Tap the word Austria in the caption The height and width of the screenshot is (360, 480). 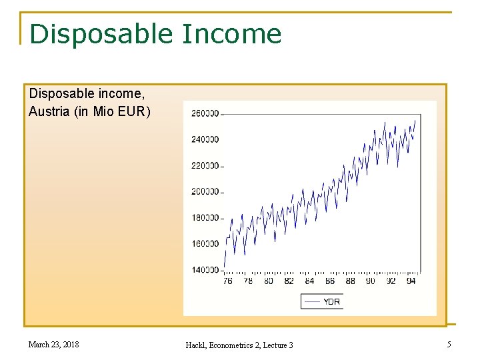click(49, 111)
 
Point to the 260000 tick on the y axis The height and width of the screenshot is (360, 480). click(205, 113)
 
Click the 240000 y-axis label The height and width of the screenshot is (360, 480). click(205, 139)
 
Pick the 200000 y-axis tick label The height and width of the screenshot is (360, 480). click(205, 192)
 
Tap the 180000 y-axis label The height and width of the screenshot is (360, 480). click(205, 218)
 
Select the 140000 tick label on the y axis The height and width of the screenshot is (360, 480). click(205, 270)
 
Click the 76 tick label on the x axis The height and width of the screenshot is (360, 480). click(227, 281)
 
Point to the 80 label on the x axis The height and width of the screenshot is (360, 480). click(268, 281)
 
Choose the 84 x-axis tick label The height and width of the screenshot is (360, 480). click(309, 281)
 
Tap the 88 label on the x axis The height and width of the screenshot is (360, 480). click(350, 281)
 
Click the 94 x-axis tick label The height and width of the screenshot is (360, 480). click(411, 281)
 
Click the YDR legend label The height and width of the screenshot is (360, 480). click(331, 302)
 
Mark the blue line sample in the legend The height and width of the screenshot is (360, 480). click(311, 302)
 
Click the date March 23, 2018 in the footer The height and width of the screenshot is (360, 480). click(53, 345)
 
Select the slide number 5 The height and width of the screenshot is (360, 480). click(449, 345)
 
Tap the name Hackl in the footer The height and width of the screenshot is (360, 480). click(195, 345)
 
